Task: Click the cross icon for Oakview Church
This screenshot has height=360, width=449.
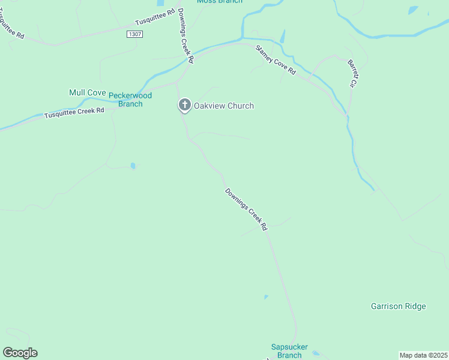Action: (184, 106)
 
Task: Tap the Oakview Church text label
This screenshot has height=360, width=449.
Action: (223, 106)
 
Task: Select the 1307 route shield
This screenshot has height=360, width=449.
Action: (134, 35)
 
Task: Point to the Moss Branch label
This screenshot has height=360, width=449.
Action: (220, 2)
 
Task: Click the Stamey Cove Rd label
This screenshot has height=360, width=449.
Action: (276, 60)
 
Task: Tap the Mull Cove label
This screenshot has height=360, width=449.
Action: (88, 92)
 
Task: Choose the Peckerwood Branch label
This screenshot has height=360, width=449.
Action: (130, 100)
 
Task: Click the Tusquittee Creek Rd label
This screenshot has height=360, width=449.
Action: (74, 112)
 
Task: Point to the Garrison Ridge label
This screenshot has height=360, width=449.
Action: (398, 307)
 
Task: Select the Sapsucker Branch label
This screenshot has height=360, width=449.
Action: (289, 351)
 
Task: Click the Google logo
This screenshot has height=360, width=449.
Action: (20, 353)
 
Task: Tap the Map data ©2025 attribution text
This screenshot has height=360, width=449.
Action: (423, 355)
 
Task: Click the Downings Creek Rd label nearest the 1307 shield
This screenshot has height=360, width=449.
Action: (185, 36)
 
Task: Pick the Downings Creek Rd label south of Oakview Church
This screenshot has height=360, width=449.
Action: (246, 210)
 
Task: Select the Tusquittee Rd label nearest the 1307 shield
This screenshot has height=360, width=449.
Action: (155, 19)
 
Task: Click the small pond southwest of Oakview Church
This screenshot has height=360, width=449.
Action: (133, 166)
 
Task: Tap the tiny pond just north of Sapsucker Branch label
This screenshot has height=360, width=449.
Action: (265, 296)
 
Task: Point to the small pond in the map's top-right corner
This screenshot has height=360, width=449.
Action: (412, 10)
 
